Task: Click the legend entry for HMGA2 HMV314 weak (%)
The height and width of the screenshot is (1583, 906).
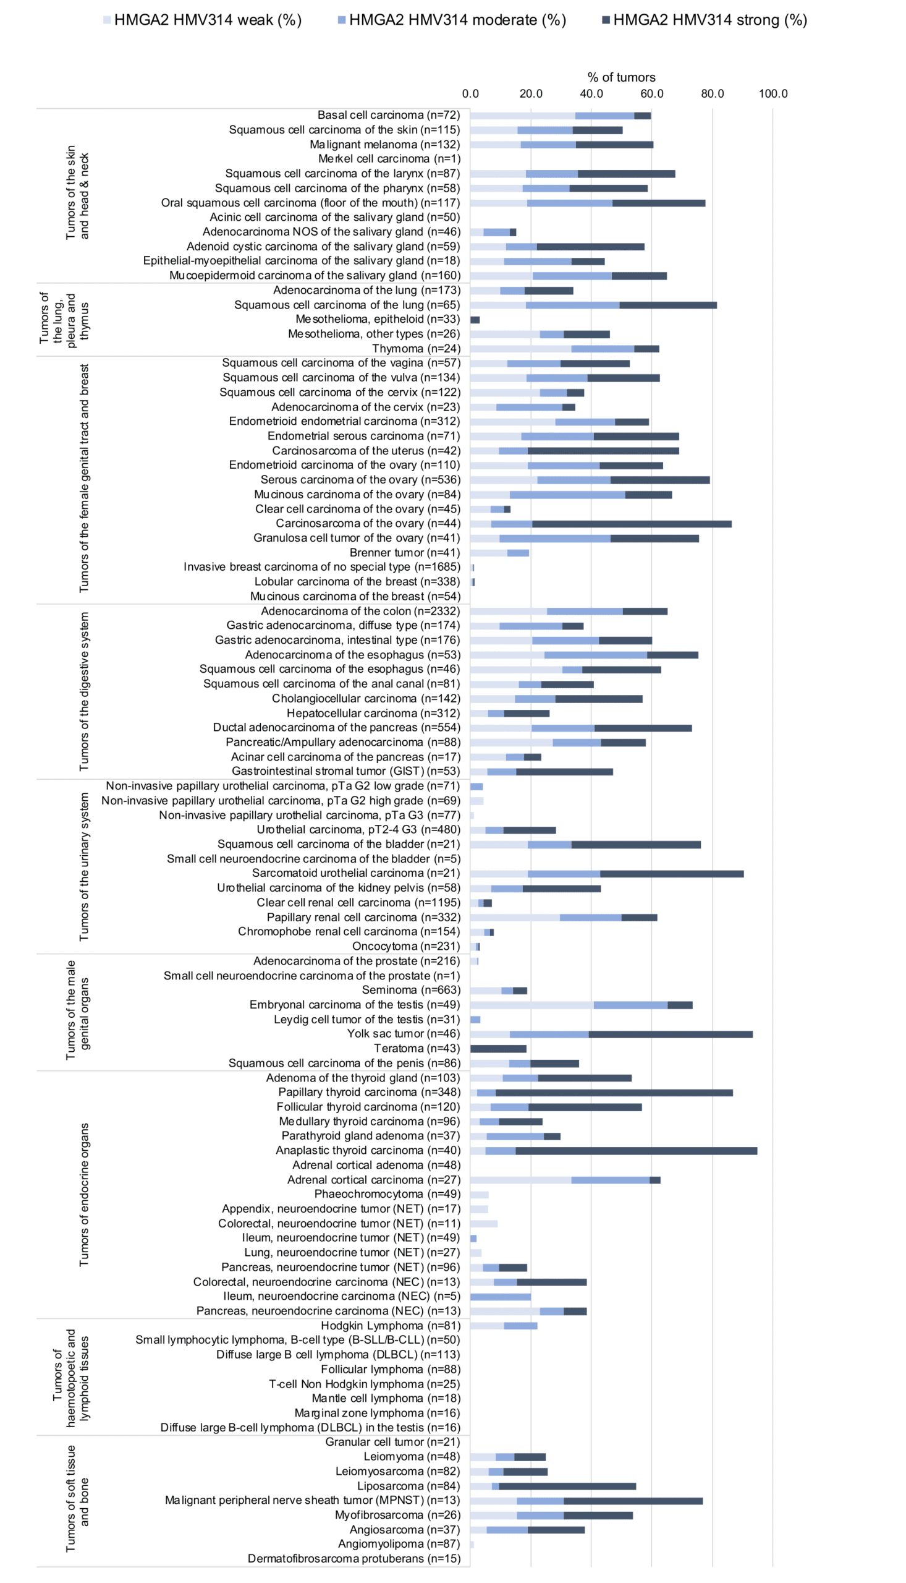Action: [x=202, y=20]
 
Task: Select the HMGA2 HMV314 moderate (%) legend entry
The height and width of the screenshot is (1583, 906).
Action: [x=452, y=20]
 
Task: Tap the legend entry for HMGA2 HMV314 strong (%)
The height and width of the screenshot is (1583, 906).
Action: [x=705, y=20]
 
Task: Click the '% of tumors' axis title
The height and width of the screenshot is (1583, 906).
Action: [x=621, y=77]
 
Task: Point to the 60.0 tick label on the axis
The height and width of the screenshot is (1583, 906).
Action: [x=651, y=93]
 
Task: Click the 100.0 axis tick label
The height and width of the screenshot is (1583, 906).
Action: [x=773, y=93]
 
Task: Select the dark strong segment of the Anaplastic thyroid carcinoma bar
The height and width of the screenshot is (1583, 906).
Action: [x=636, y=1150]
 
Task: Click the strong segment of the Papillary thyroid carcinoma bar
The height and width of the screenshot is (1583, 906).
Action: [x=614, y=1093]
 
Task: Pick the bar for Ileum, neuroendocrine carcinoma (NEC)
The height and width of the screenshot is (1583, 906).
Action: [x=501, y=1296]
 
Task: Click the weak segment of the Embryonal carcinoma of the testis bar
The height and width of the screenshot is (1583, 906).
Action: [x=532, y=1005]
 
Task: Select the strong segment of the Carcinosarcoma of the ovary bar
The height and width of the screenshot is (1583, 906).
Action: [x=632, y=524]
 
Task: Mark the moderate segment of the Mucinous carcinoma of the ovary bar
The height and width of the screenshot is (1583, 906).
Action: [x=567, y=495]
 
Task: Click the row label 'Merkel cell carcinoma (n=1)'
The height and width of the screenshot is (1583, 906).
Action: [x=389, y=159]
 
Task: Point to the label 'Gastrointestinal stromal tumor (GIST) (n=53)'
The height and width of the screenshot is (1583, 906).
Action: [x=346, y=771]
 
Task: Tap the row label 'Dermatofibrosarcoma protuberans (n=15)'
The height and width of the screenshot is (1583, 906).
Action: [x=354, y=1559]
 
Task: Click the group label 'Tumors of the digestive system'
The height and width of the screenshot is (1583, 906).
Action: [x=84, y=691]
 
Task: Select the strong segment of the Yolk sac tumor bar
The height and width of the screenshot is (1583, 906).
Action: [x=671, y=1035]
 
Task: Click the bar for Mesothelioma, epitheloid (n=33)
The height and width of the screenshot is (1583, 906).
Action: [x=475, y=320]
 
